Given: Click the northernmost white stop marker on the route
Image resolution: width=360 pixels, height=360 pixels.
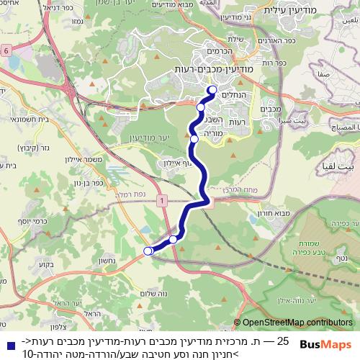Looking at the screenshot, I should click(212, 90).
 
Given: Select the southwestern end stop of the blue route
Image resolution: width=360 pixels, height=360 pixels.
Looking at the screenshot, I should click(148, 251).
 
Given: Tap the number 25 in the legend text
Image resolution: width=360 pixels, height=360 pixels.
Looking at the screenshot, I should click(283, 340).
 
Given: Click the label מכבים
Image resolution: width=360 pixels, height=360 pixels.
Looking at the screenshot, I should click(268, 109).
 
